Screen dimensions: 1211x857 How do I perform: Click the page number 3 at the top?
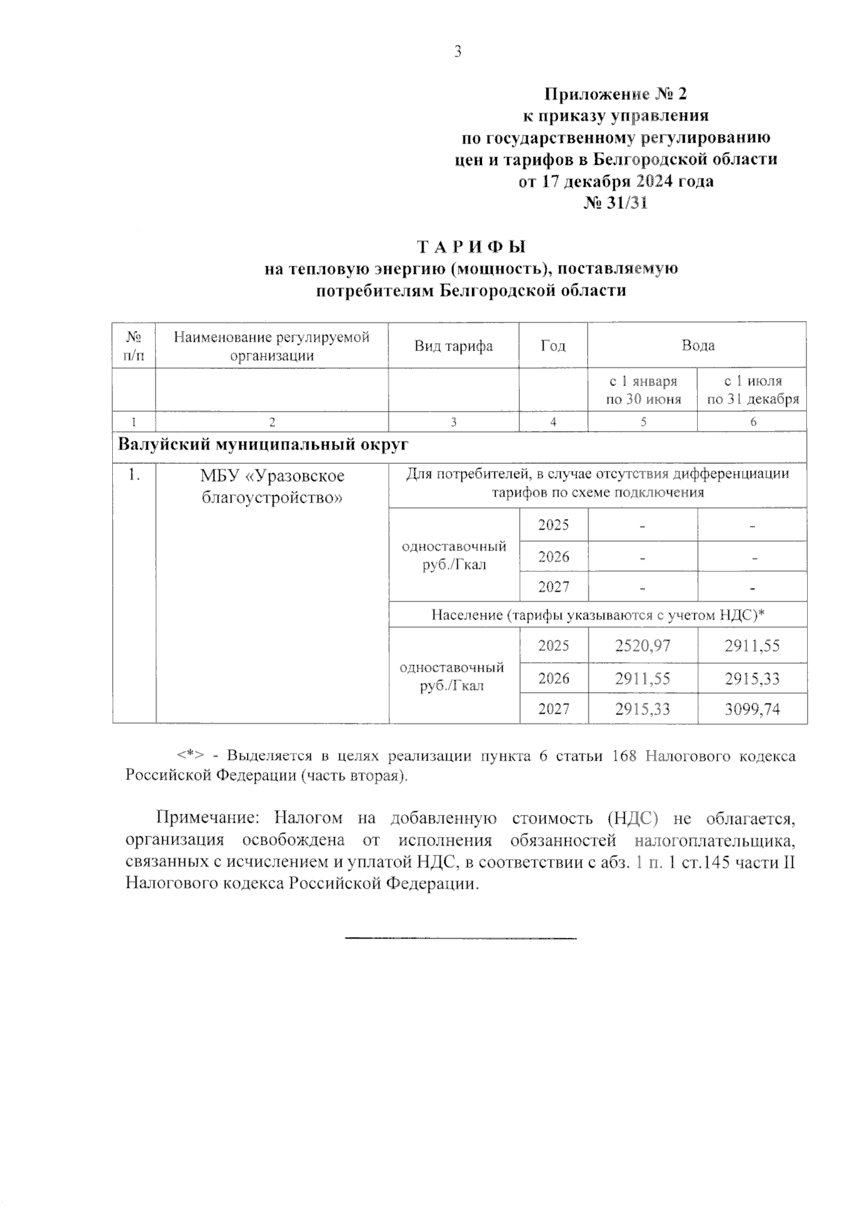(458, 51)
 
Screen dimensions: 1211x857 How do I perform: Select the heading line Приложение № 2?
(616, 93)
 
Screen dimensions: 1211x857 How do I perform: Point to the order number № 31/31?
(616, 203)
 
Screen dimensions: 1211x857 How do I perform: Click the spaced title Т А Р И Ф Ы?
(471, 247)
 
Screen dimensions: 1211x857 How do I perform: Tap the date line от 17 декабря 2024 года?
(616, 181)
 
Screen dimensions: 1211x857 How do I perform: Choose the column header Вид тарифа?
(453, 346)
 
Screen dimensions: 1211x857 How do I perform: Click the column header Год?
(553, 346)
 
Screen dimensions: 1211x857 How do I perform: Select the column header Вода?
(698, 345)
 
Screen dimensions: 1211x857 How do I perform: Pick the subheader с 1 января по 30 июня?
(643, 390)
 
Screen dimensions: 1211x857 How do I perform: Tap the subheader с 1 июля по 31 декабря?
(752, 390)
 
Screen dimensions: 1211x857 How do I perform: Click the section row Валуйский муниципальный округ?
(263, 445)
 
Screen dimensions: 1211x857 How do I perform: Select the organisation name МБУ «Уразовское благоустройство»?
(272, 486)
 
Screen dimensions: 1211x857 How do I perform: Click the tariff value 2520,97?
(643, 646)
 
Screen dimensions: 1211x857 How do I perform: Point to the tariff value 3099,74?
(752, 709)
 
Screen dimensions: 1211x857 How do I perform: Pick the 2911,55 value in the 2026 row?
(643, 678)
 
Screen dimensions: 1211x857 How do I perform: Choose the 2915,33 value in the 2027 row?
(643, 709)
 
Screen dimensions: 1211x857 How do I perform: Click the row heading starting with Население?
(598, 614)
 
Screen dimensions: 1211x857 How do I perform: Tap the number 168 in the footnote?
(624, 756)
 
